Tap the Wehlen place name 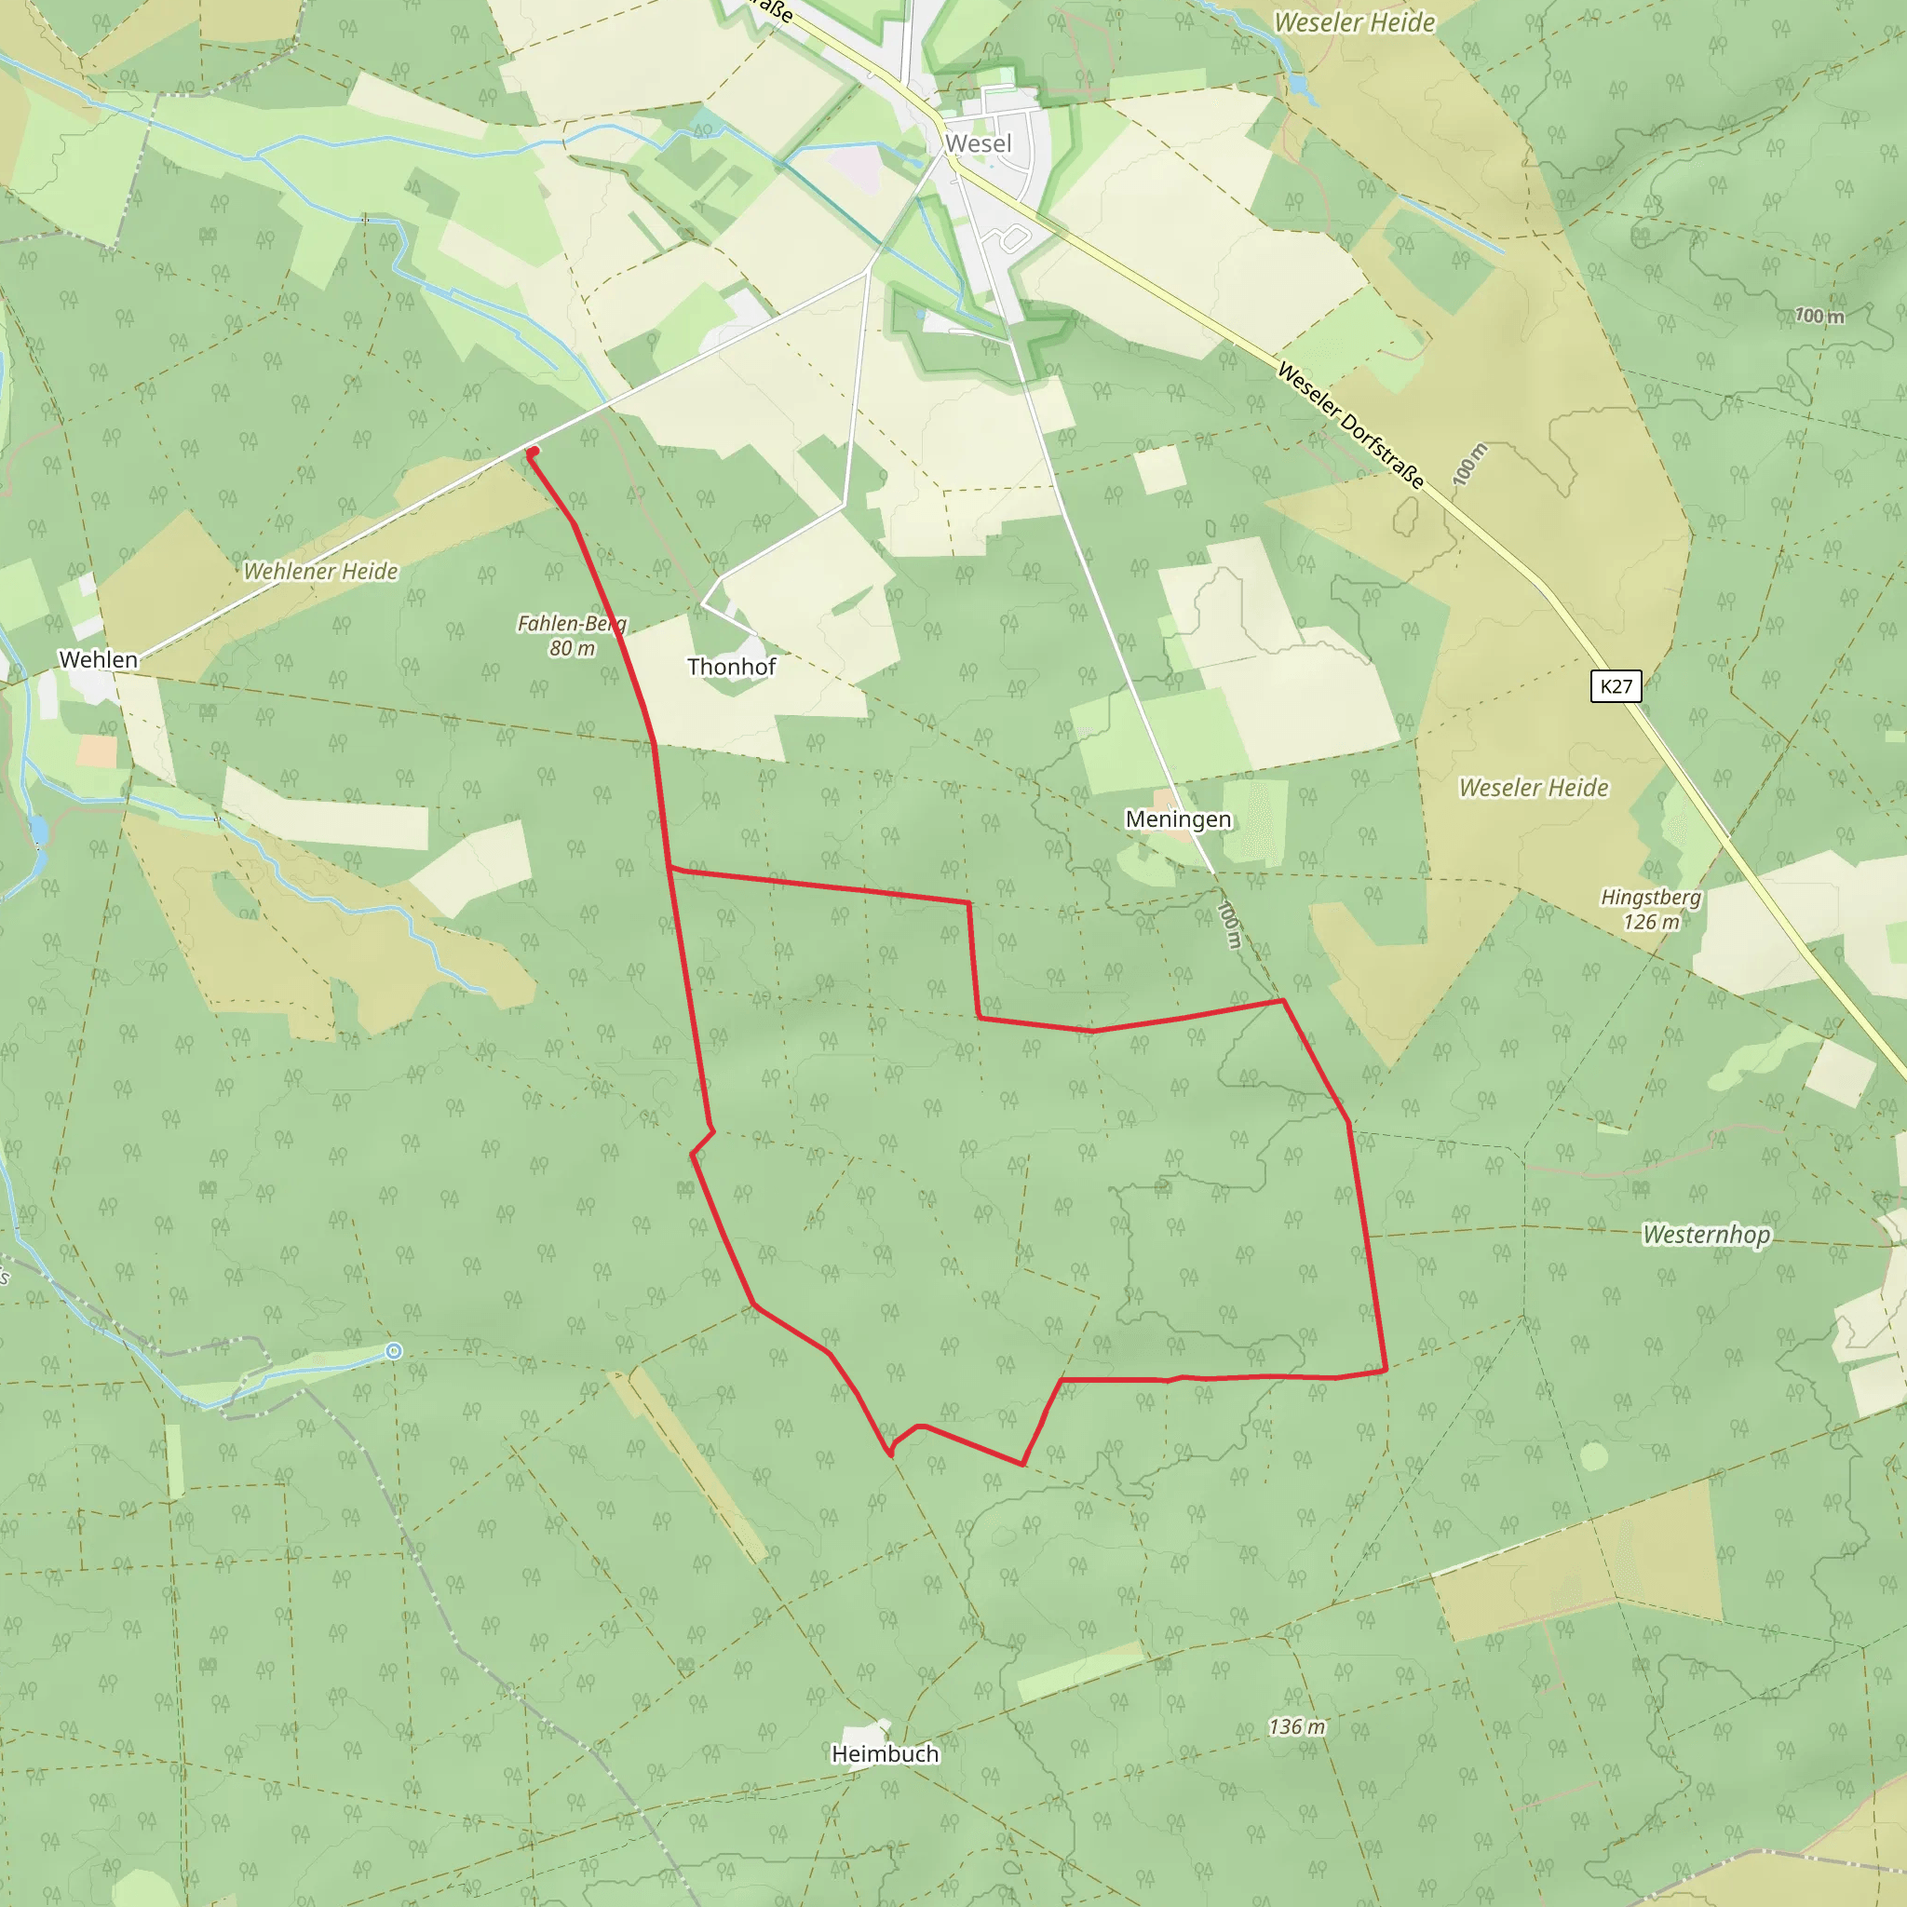98,659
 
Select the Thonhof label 731,668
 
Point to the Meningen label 1178,819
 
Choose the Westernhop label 1706,1235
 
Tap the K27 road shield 1616,686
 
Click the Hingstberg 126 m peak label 1650,909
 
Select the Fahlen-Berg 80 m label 572,636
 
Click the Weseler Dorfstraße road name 1350,426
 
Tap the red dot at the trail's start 533,452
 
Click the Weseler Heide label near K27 1533,788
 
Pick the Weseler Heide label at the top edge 1354,22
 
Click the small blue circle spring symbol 394,1351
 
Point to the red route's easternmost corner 1386,1370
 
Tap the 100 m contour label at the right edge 1819,316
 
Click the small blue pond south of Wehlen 38,830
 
